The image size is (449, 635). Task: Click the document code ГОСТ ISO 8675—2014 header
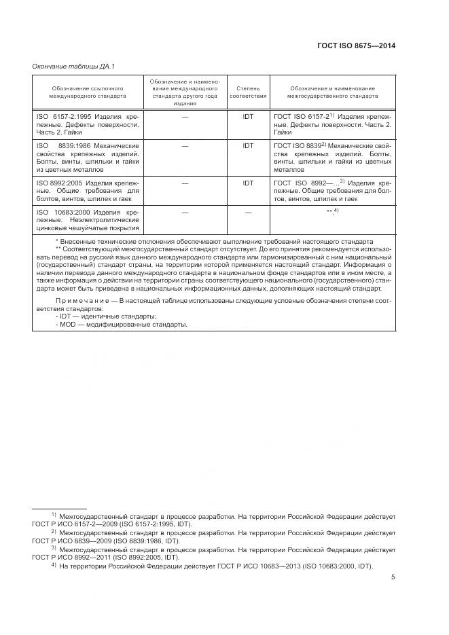pos(356,46)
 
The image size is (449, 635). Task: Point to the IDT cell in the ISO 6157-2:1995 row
pos(248,117)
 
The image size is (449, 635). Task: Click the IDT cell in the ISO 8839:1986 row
pos(248,146)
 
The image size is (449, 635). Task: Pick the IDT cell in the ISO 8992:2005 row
pos(248,183)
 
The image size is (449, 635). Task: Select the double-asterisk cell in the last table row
pos(332,213)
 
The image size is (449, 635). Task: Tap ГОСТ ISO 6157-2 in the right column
pos(302,117)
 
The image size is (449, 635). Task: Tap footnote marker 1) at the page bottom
pos(54,515)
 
